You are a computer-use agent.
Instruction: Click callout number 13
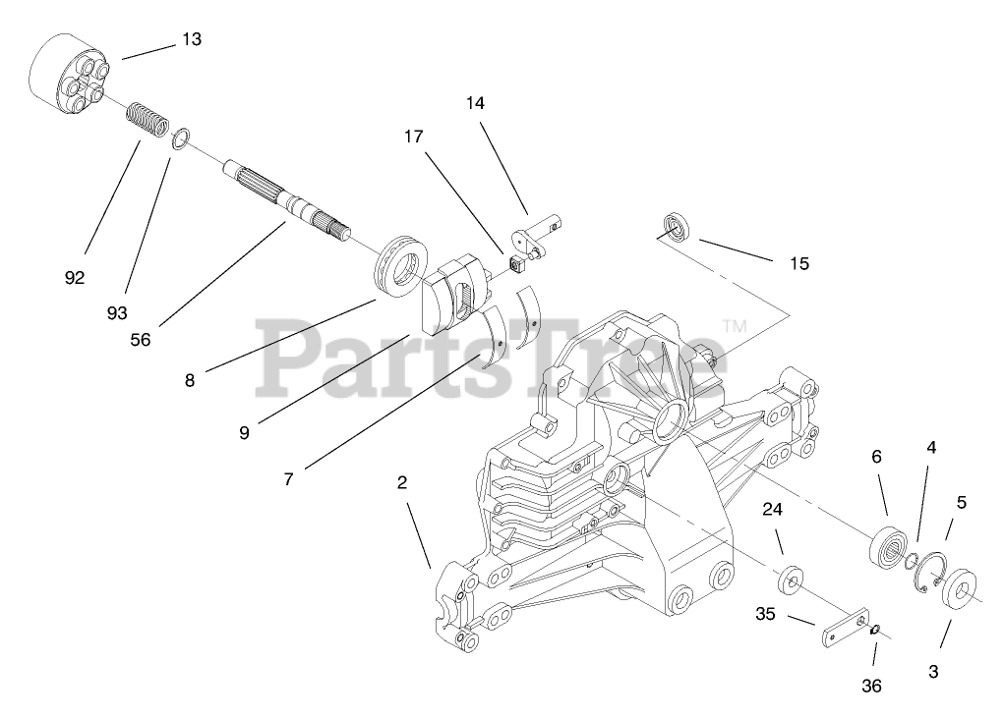tap(191, 39)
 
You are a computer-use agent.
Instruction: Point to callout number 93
tap(118, 312)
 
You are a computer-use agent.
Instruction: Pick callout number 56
tap(142, 339)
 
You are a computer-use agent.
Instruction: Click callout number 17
tap(413, 137)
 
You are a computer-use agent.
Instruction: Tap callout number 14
tap(476, 102)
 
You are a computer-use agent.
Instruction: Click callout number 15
tap(798, 263)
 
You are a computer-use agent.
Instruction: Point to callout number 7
tap(288, 479)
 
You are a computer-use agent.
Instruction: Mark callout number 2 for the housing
tap(402, 482)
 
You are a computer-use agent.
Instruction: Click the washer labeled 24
tap(790, 580)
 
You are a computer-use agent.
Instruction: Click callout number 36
tap(872, 685)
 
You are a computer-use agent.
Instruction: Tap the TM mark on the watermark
tap(735, 325)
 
